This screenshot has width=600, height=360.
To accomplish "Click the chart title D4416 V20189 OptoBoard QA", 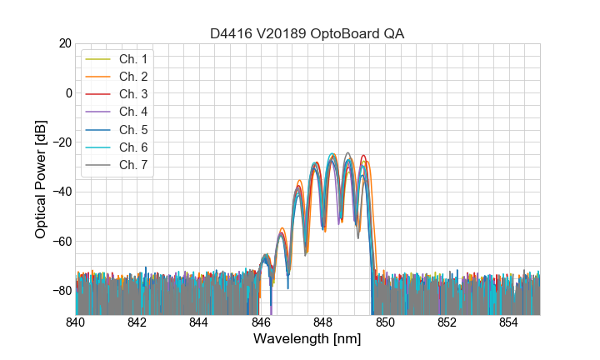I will click(307, 33).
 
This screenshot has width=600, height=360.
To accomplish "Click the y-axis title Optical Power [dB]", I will click(41, 178).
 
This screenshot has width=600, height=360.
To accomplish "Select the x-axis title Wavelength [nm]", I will click(307, 339).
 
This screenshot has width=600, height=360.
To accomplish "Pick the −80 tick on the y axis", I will click(61, 291).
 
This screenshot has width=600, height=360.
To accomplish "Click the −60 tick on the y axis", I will click(61, 242).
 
